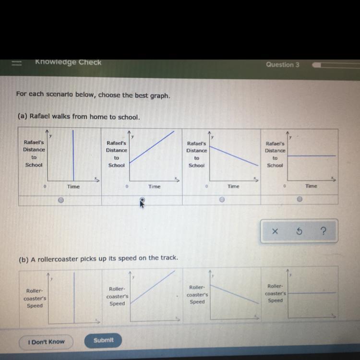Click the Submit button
(103, 340)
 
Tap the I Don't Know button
(46, 342)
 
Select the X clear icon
(275, 232)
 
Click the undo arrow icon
(299, 232)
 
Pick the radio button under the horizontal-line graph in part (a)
(300, 199)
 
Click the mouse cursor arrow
(142, 204)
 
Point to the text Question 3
(283, 65)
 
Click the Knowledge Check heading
(68, 62)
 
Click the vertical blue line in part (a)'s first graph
(73, 154)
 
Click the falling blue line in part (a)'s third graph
(234, 156)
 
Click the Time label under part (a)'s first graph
(73, 186)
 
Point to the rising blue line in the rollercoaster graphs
(153, 287)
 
